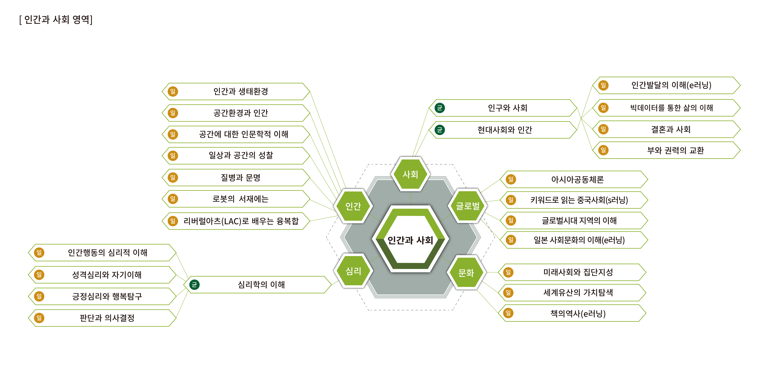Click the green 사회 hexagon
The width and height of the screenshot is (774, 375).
coord(410,174)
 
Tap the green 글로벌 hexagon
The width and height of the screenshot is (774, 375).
coord(468,206)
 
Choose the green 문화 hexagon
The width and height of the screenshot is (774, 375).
coord(466,273)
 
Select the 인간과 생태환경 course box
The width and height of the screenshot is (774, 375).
coord(240,91)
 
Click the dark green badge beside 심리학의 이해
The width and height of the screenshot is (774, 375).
coord(194,284)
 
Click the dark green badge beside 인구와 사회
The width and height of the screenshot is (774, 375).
coord(440,108)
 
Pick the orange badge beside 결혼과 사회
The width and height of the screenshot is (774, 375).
coord(603,129)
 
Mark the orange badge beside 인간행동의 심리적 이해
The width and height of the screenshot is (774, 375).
coord(39,253)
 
